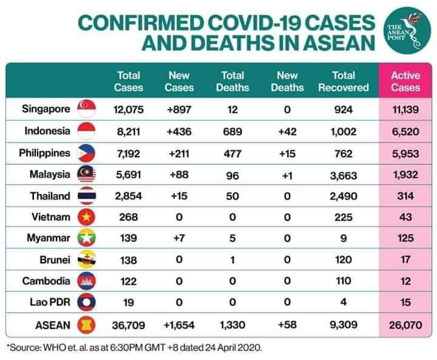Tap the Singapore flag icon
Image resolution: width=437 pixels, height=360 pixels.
click(x=87, y=110)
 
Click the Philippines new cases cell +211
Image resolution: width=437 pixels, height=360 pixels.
click(x=179, y=153)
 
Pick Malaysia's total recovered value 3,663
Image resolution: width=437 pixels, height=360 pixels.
click(x=344, y=175)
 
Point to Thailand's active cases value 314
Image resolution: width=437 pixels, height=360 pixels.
click(x=405, y=196)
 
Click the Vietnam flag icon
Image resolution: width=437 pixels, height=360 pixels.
click(x=87, y=217)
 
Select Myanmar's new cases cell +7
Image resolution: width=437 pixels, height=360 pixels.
click(x=179, y=239)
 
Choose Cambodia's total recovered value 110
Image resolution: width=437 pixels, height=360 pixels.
click(x=344, y=281)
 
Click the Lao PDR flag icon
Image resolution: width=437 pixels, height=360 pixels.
click(x=87, y=302)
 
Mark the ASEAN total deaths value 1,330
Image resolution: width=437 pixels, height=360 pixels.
click(x=232, y=325)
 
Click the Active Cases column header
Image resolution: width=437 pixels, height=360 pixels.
click(x=405, y=81)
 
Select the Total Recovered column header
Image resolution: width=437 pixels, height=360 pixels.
click(x=344, y=81)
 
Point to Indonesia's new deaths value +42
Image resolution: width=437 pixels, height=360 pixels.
click(x=287, y=131)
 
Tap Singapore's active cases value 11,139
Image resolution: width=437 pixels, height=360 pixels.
click(x=405, y=110)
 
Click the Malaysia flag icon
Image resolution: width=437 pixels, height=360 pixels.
click(x=87, y=175)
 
